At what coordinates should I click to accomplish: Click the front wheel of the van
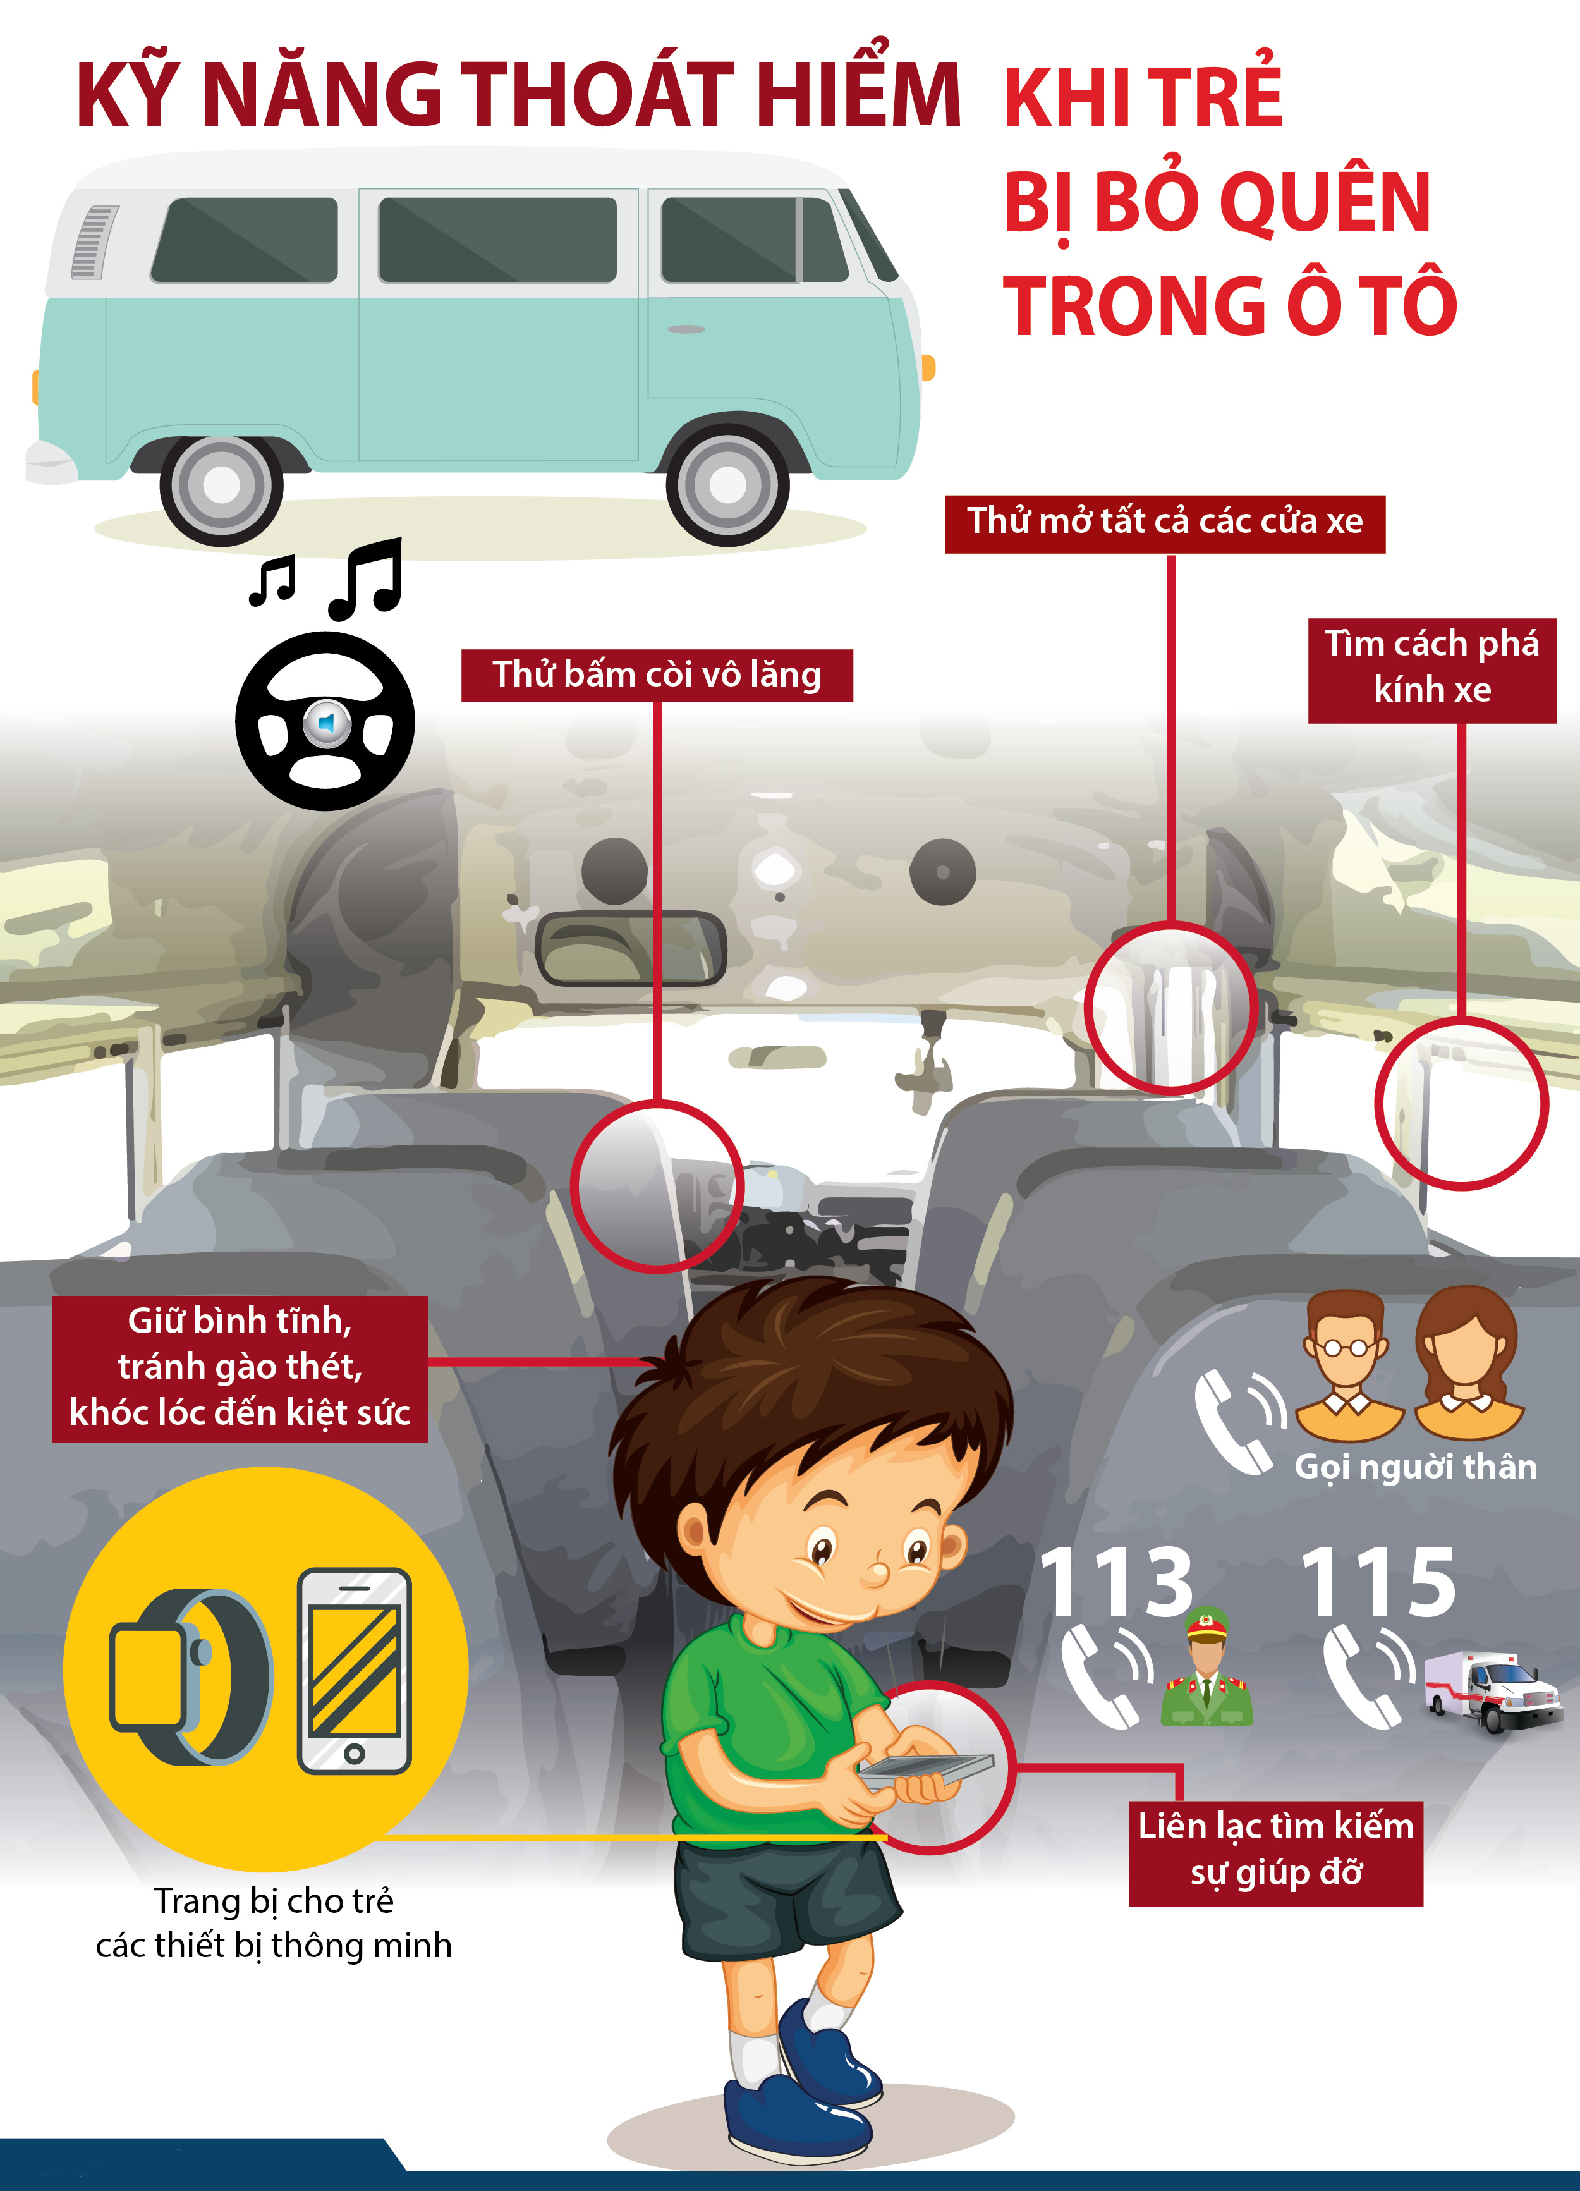[x=727, y=485]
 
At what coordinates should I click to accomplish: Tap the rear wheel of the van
[x=221, y=485]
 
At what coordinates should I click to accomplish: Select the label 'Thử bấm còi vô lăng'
[x=657, y=674]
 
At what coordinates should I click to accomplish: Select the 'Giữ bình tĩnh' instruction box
[x=240, y=1368]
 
